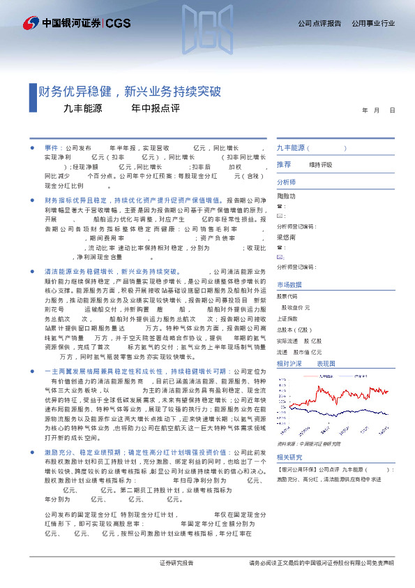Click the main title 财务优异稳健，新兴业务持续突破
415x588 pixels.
[x=130, y=91]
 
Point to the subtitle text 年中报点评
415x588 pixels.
[x=156, y=109]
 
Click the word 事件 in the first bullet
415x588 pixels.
[x=52, y=149]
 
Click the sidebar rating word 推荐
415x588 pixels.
[x=284, y=164]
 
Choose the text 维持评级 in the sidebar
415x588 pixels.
[x=321, y=165]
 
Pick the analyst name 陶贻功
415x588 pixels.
[x=287, y=197]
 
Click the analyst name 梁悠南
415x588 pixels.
[x=287, y=237]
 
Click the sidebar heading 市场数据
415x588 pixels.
[x=289, y=285]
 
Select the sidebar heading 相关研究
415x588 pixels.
[x=289, y=457]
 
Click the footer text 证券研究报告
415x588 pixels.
[x=176, y=563]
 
